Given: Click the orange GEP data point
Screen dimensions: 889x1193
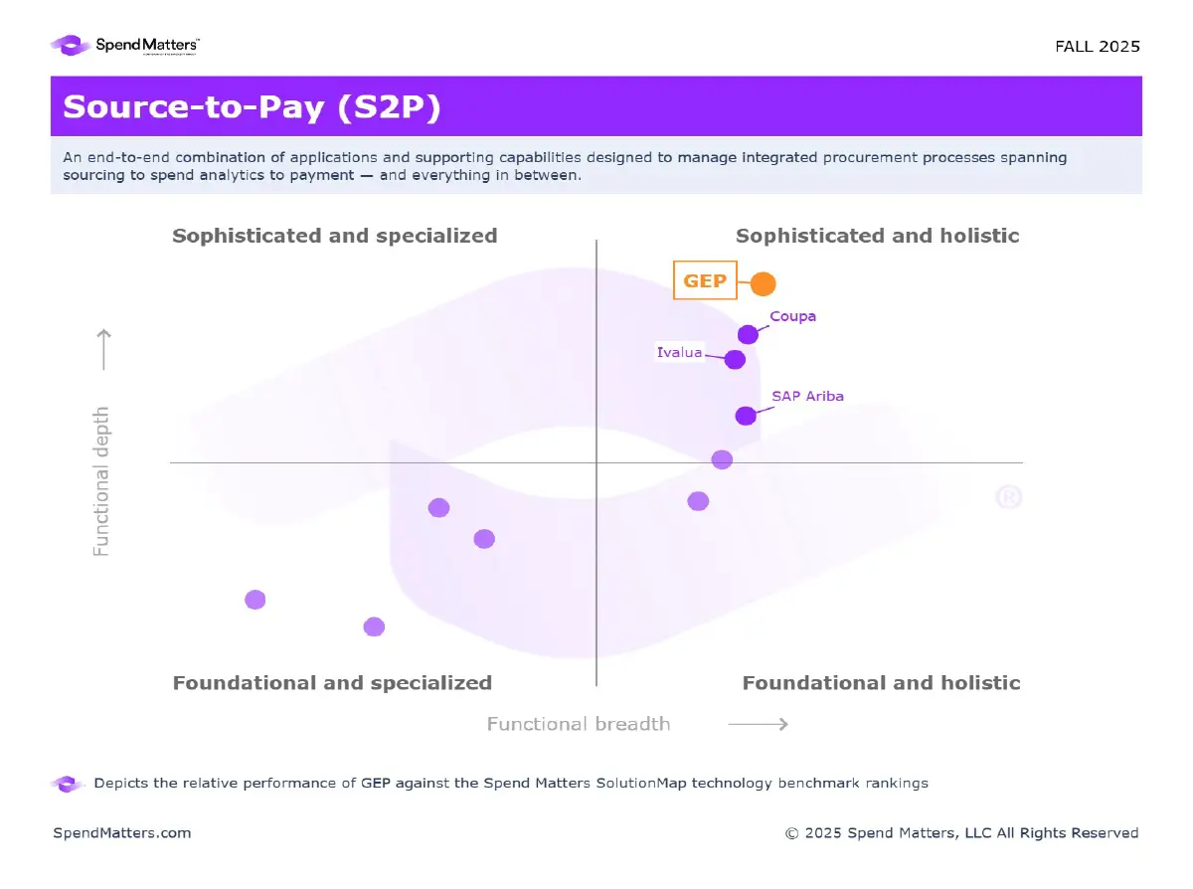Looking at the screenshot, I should tap(763, 283).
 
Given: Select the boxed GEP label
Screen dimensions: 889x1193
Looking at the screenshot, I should tap(705, 280).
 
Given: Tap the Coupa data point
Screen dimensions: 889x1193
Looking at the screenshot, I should tap(748, 334).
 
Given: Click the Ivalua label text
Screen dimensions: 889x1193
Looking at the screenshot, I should tap(679, 352).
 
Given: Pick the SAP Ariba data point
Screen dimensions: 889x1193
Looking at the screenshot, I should tap(746, 416).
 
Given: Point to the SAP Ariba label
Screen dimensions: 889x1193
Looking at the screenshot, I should tap(807, 396).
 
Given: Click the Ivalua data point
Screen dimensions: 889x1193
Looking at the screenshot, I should tap(735, 359).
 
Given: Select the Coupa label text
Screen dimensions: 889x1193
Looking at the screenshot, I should tap(792, 316).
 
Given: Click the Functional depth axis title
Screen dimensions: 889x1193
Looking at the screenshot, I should tap(101, 480).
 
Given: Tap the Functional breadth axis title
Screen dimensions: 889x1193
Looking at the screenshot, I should tap(578, 724).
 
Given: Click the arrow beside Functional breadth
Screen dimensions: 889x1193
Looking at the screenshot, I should tap(758, 724).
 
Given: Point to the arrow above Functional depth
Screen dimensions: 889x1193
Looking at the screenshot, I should tap(102, 349).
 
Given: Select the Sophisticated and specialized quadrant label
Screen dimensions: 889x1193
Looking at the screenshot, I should tap(334, 236).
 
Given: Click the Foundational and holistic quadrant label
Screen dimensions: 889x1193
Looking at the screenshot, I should tap(881, 683).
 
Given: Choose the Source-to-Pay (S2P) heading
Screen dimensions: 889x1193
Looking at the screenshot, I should tap(252, 107).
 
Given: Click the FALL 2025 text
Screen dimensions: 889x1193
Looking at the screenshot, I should tap(1097, 47).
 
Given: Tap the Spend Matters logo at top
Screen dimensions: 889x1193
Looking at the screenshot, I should tap(126, 45).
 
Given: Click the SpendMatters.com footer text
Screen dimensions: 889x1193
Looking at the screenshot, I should tap(121, 833).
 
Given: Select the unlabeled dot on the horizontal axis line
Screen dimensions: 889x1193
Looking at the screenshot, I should tap(722, 459).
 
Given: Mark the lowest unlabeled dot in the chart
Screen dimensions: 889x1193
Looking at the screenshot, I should tap(374, 626).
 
